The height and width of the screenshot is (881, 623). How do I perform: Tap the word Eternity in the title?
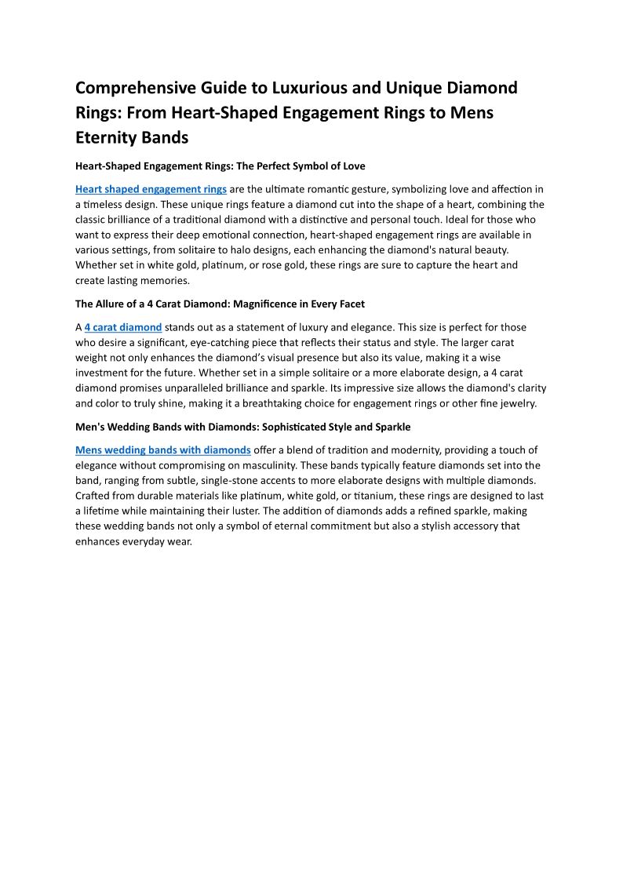(x=109, y=137)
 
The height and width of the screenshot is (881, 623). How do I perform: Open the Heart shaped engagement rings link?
(x=151, y=189)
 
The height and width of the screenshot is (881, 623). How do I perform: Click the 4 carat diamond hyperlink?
(x=123, y=327)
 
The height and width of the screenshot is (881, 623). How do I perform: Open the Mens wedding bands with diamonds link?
(x=163, y=450)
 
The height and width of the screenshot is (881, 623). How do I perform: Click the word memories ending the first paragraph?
(x=166, y=280)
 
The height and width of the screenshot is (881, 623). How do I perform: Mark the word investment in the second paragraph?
(x=102, y=373)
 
